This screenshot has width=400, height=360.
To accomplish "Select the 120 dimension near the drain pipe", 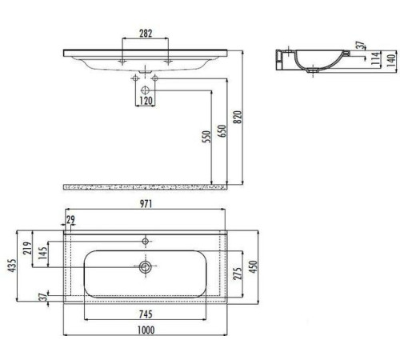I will pos(146,102).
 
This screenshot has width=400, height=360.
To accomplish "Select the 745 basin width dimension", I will pos(145,314).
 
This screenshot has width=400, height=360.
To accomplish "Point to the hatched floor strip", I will pos(144,186).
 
